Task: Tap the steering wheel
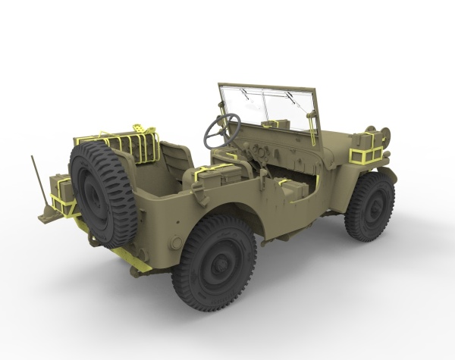pos(221,130)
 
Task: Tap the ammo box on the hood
pos(275,124)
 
